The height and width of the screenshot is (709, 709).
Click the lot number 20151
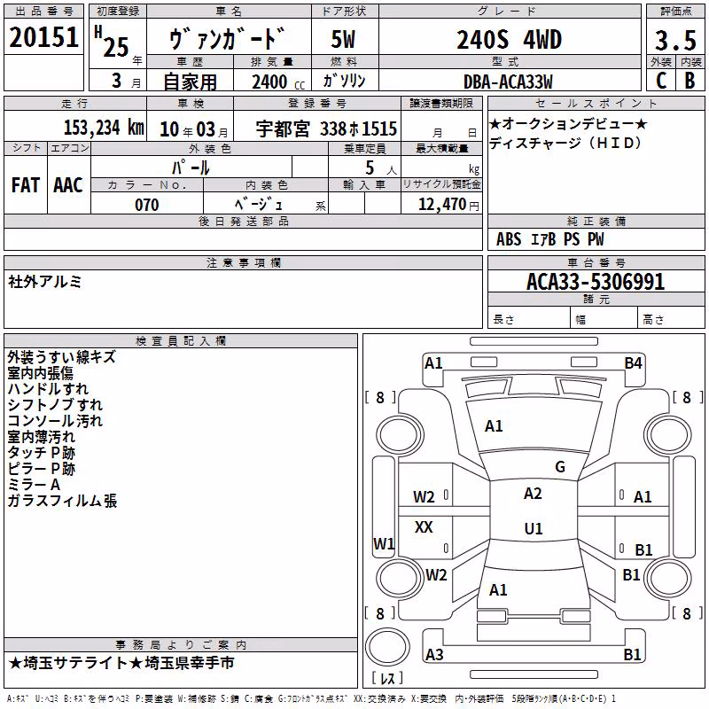point(43,37)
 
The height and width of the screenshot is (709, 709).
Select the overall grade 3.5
point(675,40)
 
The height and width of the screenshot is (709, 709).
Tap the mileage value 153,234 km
point(104,128)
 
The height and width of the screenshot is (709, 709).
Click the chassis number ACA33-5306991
point(596,282)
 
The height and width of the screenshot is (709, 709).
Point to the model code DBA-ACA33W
point(508,82)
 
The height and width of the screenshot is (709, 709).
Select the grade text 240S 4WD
point(509,40)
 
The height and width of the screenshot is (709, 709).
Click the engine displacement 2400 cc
point(278,82)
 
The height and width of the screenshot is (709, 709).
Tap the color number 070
point(147,205)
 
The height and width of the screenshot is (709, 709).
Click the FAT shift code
point(26,185)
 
